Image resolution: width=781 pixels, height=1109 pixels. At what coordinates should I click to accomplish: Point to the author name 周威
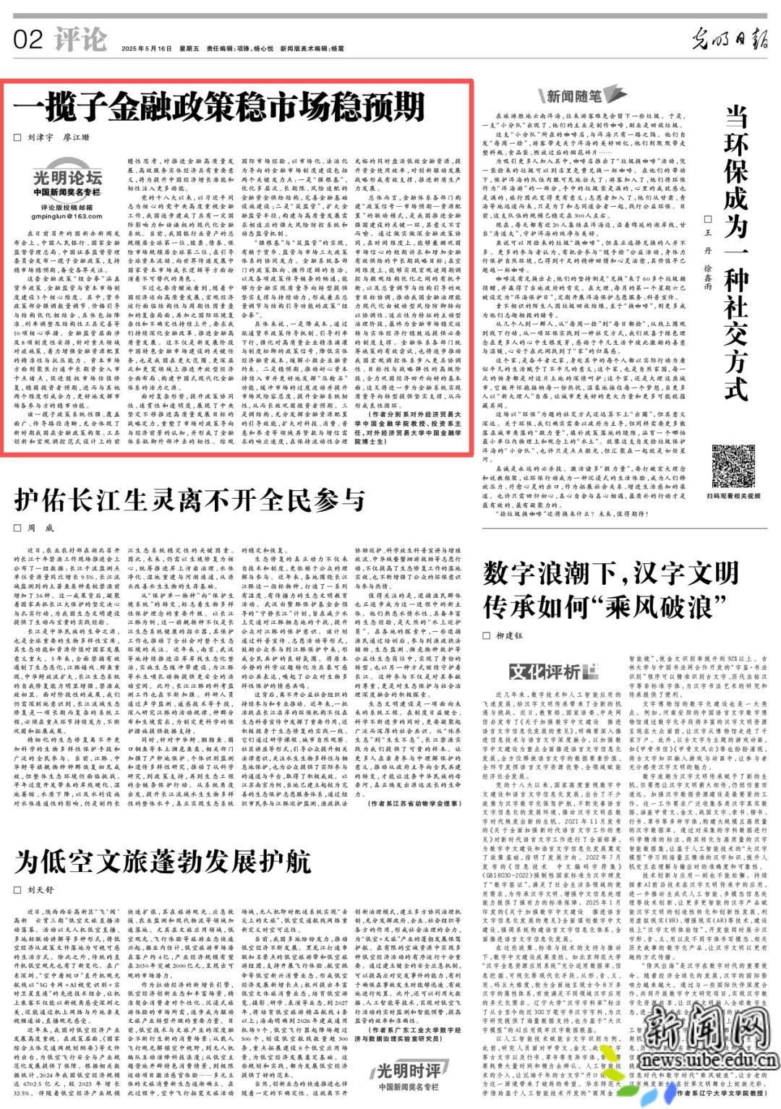coord(40,528)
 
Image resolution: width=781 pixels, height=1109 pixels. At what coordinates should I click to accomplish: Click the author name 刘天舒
coord(40,890)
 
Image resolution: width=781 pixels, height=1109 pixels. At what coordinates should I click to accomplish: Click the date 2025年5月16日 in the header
coord(148,48)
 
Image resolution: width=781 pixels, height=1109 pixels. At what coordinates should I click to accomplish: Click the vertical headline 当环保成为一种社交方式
coord(735,253)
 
